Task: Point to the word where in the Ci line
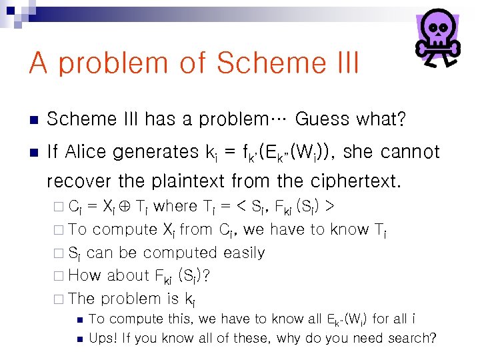tap(175, 207)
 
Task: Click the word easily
tap(243, 253)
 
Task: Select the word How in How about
tap(84, 275)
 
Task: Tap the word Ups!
tap(103, 338)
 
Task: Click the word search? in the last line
tap(410, 338)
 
